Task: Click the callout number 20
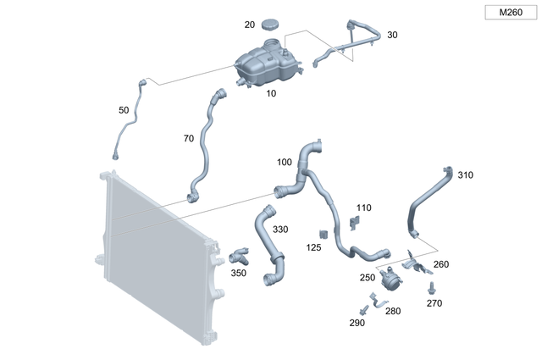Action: pyautogui.click(x=249, y=25)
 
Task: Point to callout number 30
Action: pyautogui.click(x=391, y=35)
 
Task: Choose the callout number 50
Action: pyautogui.click(x=124, y=110)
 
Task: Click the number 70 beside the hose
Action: pyautogui.click(x=188, y=137)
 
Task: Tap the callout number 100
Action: pyautogui.click(x=284, y=161)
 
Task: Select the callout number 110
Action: pyautogui.click(x=363, y=207)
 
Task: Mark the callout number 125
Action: pyautogui.click(x=313, y=247)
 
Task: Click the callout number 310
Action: pyautogui.click(x=465, y=175)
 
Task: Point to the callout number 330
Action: pyautogui.click(x=279, y=230)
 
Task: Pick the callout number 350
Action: pyautogui.click(x=238, y=273)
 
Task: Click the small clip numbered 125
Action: pyautogui.click(x=324, y=233)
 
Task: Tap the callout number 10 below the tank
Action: pyautogui.click(x=271, y=93)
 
